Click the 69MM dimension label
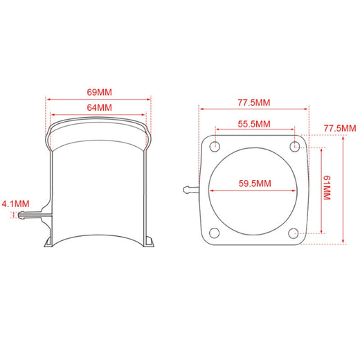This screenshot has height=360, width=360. [99, 92]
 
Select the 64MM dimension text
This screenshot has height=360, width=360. [99, 107]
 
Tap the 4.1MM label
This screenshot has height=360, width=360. [16, 204]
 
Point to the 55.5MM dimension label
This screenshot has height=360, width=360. [254, 124]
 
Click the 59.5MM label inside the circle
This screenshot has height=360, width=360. [255, 183]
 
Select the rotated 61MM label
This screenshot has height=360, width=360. [327, 188]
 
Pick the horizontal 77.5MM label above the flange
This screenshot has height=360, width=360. [254, 102]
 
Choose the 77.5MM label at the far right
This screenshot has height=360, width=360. [340, 128]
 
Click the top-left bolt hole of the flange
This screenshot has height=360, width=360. [215, 146]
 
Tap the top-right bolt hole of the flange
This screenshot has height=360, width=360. [295, 146]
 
